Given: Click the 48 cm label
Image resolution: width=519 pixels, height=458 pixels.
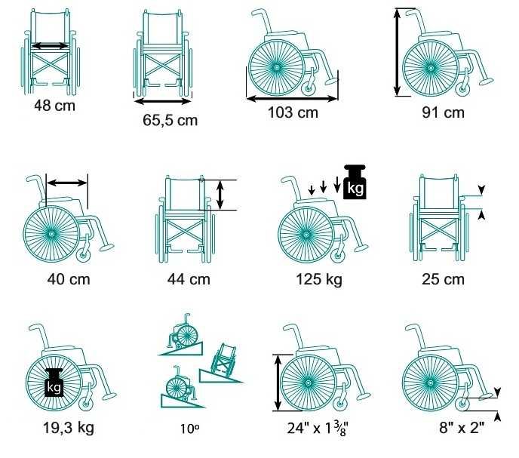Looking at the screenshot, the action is click(x=54, y=106).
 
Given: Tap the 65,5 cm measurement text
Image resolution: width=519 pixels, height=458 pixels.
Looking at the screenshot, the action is click(x=170, y=120).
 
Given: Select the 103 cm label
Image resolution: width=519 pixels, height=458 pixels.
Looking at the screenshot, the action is click(x=293, y=112).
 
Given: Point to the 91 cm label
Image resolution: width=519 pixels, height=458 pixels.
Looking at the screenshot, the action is click(x=444, y=112).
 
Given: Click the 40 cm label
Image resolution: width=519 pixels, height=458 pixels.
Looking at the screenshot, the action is click(x=69, y=279).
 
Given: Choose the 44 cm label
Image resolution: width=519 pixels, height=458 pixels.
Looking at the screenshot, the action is click(x=189, y=279).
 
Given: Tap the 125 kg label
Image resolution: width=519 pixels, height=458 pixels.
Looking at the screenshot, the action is click(x=319, y=279).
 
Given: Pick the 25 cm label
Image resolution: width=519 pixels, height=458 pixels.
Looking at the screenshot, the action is click(x=444, y=279).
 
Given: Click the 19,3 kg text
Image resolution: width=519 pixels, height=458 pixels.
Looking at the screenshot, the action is click(x=69, y=428).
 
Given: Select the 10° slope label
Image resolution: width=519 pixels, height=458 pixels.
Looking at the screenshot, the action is click(x=189, y=429).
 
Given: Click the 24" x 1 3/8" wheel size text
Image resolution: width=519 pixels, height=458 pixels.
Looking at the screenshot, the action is click(x=318, y=429).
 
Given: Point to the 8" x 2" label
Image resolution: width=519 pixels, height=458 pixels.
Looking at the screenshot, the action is click(x=462, y=428).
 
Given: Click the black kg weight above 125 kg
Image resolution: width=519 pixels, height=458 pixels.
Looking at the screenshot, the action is click(x=355, y=182).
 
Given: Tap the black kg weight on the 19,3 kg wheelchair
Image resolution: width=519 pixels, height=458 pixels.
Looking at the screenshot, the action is click(x=54, y=383).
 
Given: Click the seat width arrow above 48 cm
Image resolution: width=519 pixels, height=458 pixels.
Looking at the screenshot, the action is click(x=51, y=46).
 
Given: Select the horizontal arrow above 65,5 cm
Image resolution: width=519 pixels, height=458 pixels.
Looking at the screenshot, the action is click(x=163, y=101).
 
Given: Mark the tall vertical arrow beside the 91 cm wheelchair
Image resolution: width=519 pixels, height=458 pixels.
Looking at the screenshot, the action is click(x=398, y=52).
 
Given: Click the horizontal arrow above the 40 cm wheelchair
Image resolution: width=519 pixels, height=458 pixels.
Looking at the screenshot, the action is click(x=67, y=183).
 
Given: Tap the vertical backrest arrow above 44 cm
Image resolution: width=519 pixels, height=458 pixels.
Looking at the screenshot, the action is click(x=220, y=195).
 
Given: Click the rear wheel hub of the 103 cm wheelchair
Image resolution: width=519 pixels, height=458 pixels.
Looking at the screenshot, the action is click(x=276, y=68).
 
